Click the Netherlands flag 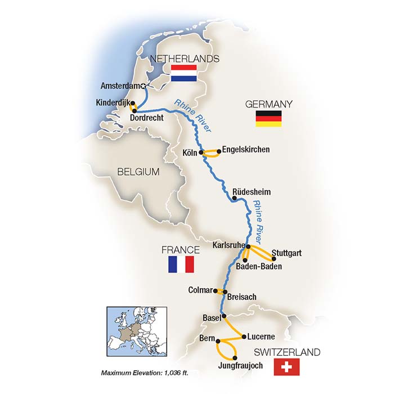183,73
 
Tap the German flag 268,118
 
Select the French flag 181,264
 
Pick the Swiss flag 286,367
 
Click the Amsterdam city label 120,86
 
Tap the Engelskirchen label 246,150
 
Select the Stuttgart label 286,253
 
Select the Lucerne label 261,337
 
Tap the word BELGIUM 138,172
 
